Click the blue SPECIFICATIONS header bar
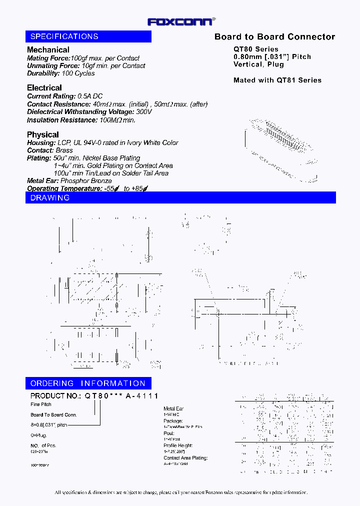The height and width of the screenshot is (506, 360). (x=88, y=36)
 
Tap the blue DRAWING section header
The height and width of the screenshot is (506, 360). (x=180, y=198)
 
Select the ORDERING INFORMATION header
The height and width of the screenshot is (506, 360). (x=88, y=383)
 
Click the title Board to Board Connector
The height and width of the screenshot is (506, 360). (x=274, y=37)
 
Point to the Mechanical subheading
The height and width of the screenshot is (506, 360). (x=48, y=50)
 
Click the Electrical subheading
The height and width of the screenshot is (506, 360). (x=44, y=88)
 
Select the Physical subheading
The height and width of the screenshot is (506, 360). (x=42, y=134)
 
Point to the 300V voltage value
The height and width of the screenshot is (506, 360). (x=143, y=112)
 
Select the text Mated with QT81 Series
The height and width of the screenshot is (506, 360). (x=277, y=80)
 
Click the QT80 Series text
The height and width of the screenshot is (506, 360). (x=256, y=49)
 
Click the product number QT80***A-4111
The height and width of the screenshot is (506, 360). (x=121, y=396)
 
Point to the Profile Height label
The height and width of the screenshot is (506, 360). (x=178, y=445)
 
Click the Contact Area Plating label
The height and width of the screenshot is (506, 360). (x=185, y=458)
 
